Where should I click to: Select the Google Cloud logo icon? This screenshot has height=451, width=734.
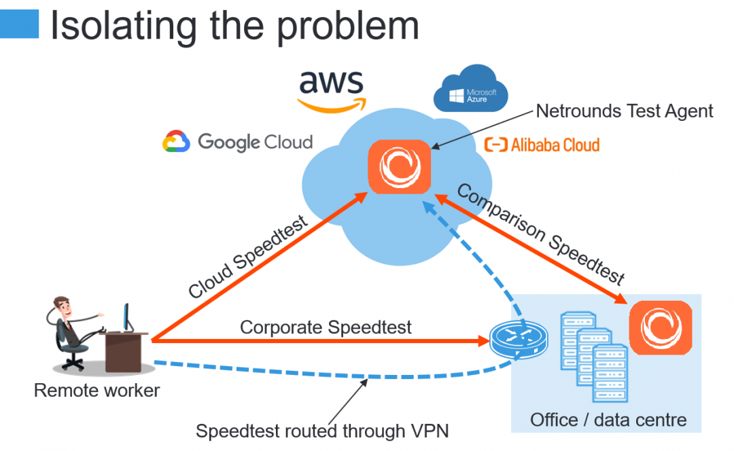[176, 141]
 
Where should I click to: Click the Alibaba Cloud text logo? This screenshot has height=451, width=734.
[542, 145]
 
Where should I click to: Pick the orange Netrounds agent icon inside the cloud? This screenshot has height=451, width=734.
[400, 167]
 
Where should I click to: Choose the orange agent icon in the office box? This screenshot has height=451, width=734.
[661, 327]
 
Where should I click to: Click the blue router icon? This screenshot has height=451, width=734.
[519, 340]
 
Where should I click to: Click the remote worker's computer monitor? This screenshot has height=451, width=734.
[127, 318]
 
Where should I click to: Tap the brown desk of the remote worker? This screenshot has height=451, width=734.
[124, 352]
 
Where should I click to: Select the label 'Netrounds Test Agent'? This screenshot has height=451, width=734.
[625, 111]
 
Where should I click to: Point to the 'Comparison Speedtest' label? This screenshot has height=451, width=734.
[541, 234]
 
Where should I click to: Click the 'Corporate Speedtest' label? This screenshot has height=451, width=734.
[326, 327]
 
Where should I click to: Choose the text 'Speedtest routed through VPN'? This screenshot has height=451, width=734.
[322, 431]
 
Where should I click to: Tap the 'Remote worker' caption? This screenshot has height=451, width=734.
[97, 390]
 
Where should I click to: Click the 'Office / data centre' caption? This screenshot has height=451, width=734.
[608, 420]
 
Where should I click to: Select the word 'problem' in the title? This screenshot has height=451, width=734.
[348, 27]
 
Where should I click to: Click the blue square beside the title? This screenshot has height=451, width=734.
[19, 24]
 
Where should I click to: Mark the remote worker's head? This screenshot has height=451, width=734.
[62, 306]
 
